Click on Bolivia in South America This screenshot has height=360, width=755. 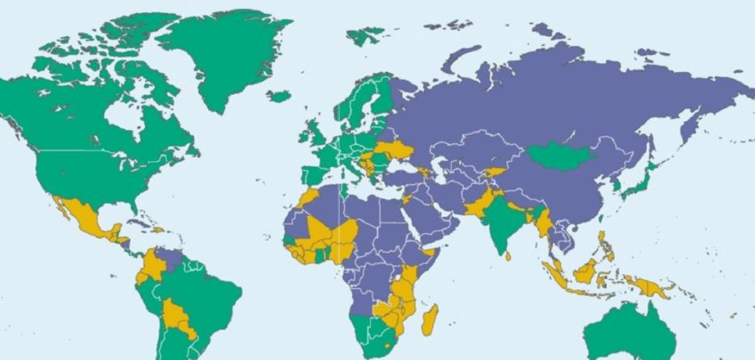[x=173, y=311]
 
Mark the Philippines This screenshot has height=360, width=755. [x=604, y=242]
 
